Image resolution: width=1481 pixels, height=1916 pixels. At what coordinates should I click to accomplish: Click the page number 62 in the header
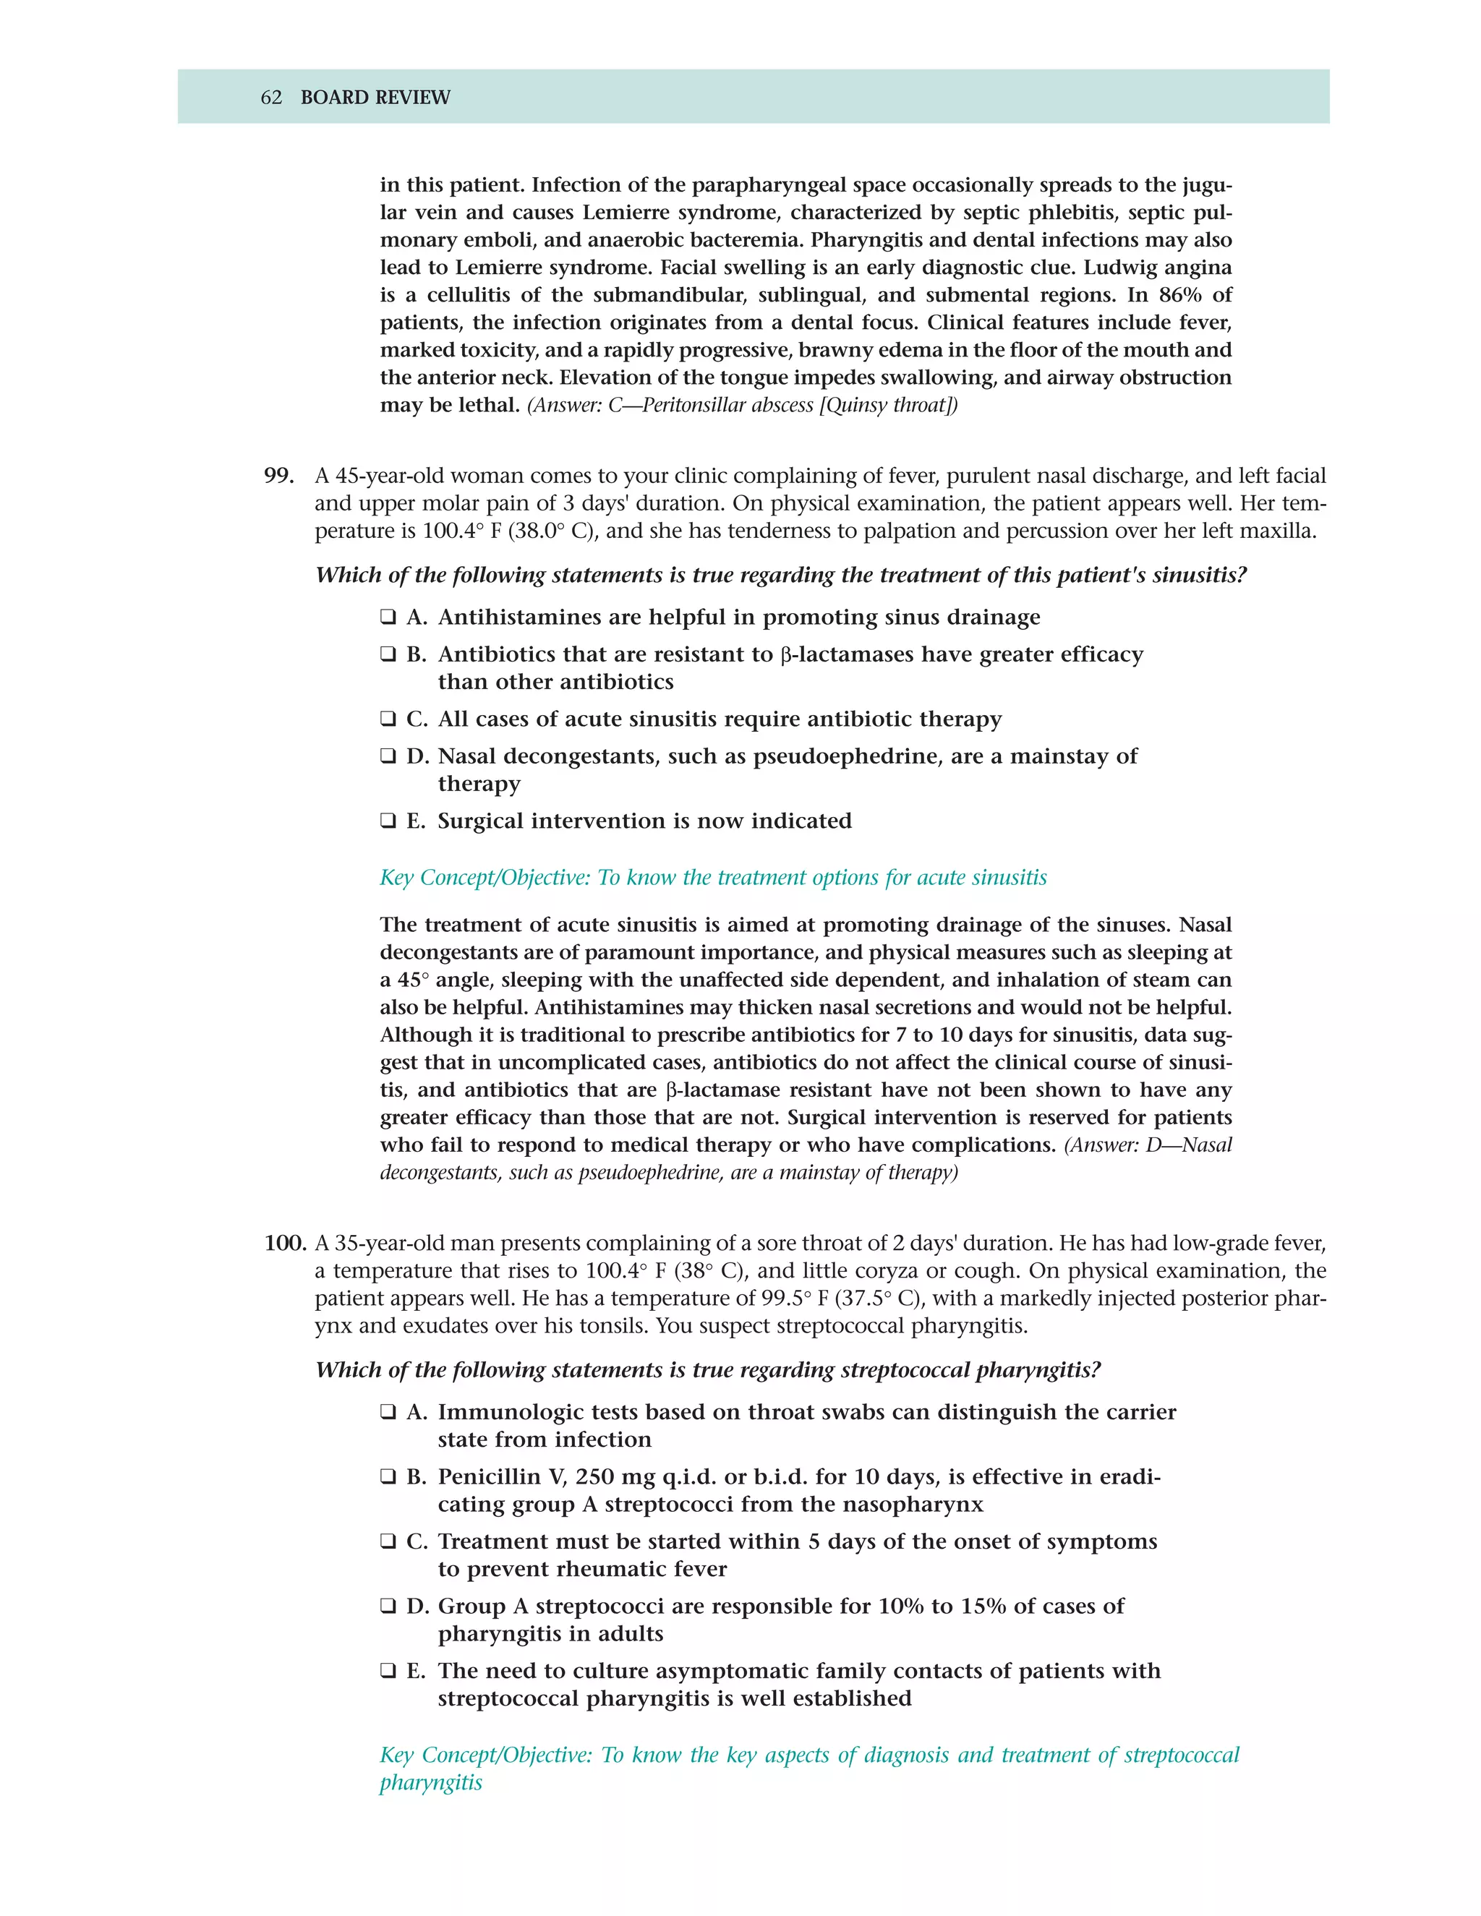click(271, 98)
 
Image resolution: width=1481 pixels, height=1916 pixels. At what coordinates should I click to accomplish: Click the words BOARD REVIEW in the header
click(375, 98)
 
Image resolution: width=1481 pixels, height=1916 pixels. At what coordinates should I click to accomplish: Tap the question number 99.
click(278, 476)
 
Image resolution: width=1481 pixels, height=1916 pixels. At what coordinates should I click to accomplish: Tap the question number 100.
click(285, 1243)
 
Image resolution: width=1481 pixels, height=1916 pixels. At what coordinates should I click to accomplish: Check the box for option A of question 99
click(388, 617)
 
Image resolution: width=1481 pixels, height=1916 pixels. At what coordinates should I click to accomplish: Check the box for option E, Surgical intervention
click(388, 821)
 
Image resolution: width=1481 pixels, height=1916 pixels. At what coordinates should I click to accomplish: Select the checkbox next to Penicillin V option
click(388, 1476)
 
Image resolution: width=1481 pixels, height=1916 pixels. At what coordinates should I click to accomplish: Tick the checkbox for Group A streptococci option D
click(388, 1607)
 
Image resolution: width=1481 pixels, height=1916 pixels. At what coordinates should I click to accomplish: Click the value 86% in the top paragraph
click(1180, 295)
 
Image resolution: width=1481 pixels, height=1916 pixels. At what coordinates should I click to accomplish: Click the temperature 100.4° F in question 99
click(461, 531)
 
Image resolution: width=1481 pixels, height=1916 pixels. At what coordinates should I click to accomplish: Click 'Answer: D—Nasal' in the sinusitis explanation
click(1148, 1145)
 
